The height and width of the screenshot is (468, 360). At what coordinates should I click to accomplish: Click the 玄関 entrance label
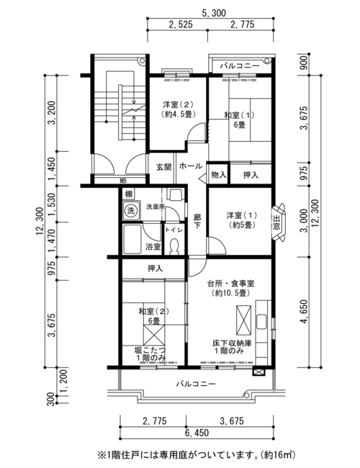pos(164,167)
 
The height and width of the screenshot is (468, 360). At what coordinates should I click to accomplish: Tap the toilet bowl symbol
pos(174,246)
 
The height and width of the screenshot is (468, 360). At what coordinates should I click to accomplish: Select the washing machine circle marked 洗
pos(131,211)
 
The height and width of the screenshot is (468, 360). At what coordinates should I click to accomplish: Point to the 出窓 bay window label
pos(276,222)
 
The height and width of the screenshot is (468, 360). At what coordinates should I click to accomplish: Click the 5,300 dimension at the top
pos(214,13)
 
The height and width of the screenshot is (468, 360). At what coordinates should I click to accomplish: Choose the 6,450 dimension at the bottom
pos(197,433)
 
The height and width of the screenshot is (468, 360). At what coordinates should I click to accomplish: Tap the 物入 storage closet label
pos(218,175)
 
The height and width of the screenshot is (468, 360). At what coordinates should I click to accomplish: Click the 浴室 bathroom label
pos(153,246)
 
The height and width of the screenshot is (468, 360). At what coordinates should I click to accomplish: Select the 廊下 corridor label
pos(197,221)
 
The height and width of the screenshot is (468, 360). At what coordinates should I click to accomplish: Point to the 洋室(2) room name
pos(178,104)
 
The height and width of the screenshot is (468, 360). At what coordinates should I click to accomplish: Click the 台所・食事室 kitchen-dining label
pos(230,283)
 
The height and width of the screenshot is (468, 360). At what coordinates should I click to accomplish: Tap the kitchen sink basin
pos(262,321)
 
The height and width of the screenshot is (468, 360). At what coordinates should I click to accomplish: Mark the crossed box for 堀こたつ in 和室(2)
pos(154,335)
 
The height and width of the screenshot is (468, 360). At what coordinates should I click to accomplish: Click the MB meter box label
pos(123,180)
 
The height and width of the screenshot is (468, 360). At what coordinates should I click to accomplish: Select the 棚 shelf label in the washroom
pos(129,194)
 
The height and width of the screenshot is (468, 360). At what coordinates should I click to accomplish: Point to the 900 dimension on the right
pos(304,63)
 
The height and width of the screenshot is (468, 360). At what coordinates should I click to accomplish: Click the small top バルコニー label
pos(240,66)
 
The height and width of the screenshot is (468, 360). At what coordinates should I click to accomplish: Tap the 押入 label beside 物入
pos(251,175)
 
